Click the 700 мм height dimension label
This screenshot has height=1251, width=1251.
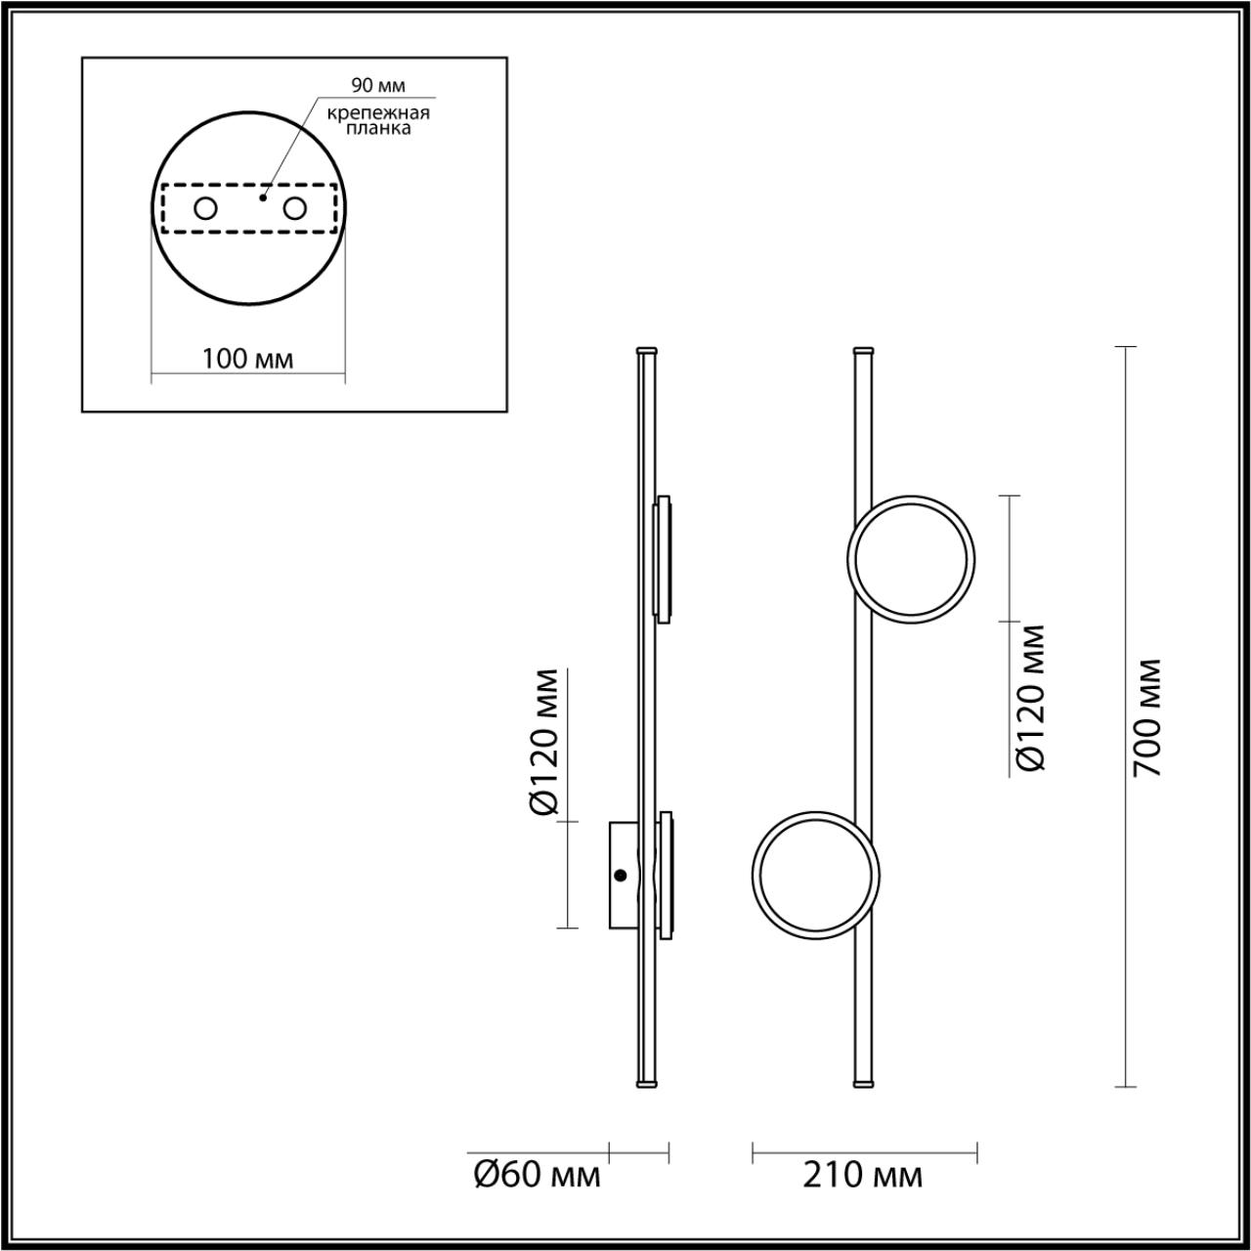pos(1146,717)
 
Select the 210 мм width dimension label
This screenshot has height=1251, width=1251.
pos(863,1175)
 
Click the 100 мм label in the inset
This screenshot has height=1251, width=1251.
pos(247,359)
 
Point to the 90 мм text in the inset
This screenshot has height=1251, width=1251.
pos(378,86)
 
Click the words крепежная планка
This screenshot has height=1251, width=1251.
pos(378,120)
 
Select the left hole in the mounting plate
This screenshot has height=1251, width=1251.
pos(206,208)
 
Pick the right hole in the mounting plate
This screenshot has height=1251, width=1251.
pos(294,208)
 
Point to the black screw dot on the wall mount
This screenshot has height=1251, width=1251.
pos(620,876)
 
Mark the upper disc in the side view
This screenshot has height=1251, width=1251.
pos(664,559)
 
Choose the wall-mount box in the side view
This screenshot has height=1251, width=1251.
pos(623,875)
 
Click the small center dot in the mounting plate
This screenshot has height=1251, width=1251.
pos(261,197)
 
